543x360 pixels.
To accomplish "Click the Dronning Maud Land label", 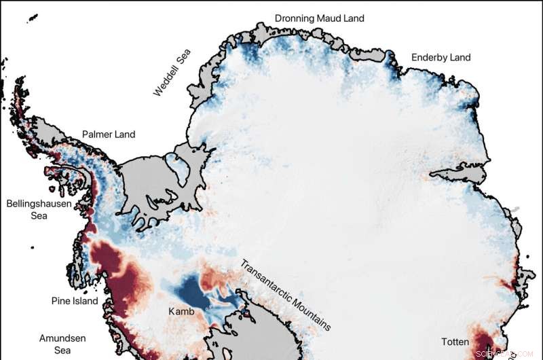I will pos(319,18).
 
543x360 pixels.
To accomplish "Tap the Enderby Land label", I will pos(441,58).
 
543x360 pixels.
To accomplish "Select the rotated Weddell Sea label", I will pos(172,72).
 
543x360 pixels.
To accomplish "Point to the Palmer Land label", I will pos(109,134).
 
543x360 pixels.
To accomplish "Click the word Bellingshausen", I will pos(39,203).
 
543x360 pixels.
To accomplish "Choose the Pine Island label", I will pos(75,301).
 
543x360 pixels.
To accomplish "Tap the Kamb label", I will pos(181,312).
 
